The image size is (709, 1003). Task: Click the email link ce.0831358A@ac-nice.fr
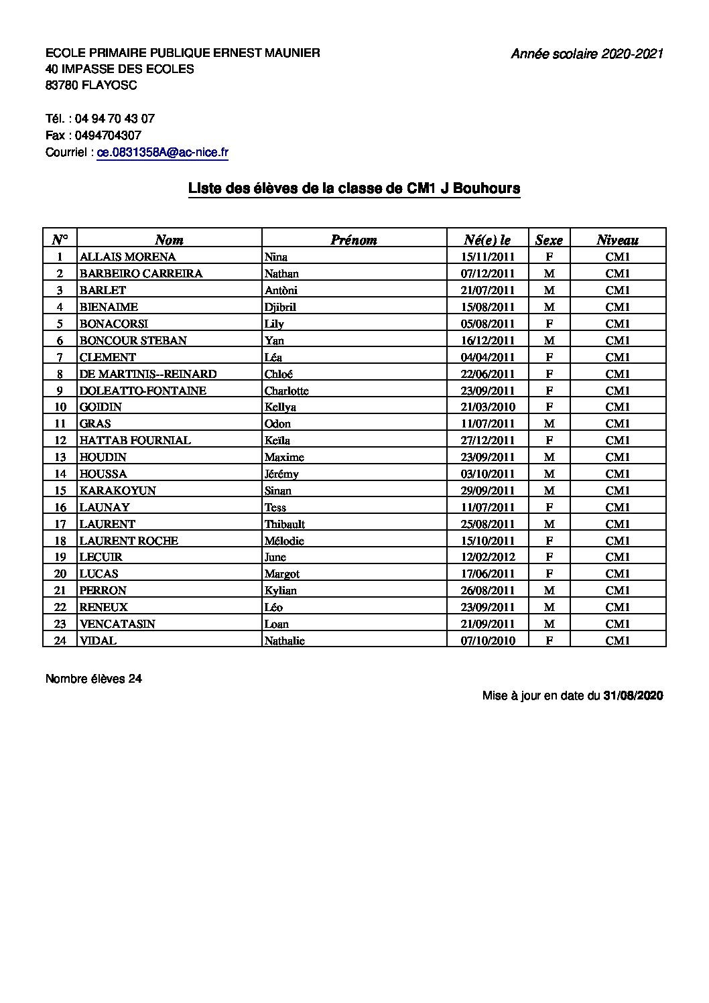pyautogui.click(x=163, y=152)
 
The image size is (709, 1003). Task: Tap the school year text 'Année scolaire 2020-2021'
pyautogui.click(x=587, y=54)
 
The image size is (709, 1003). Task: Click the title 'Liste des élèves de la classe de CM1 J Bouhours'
pyautogui.click(x=354, y=189)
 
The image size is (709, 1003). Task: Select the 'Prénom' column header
pyautogui.click(x=353, y=240)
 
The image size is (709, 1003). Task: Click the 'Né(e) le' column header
pyautogui.click(x=487, y=240)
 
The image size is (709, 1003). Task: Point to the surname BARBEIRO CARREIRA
pyautogui.click(x=141, y=273)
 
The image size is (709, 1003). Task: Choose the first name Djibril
pyautogui.click(x=280, y=307)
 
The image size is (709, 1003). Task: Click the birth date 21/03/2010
pyautogui.click(x=488, y=407)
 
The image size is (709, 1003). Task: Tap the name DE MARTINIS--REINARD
pyautogui.click(x=148, y=374)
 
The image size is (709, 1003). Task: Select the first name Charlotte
pyautogui.click(x=286, y=391)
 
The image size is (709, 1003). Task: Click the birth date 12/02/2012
pyautogui.click(x=488, y=557)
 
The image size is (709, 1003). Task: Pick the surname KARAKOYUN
pyautogui.click(x=117, y=490)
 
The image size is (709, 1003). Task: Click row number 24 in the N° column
pyautogui.click(x=60, y=641)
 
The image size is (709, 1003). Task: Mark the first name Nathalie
pyautogui.click(x=284, y=641)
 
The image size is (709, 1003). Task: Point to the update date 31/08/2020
pyautogui.click(x=633, y=695)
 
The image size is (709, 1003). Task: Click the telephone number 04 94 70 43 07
pyautogui.click(x=115, y=119)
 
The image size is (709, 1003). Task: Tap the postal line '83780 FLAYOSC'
pyautogui.click(x=91, y=85)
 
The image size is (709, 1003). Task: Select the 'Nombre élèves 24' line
pyautogui.click(x=94, y=679)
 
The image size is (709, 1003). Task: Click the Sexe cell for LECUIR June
pyautogui.click(x=549, y=557)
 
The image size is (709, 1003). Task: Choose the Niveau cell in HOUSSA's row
pyautogui.click(x=617, y=474)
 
